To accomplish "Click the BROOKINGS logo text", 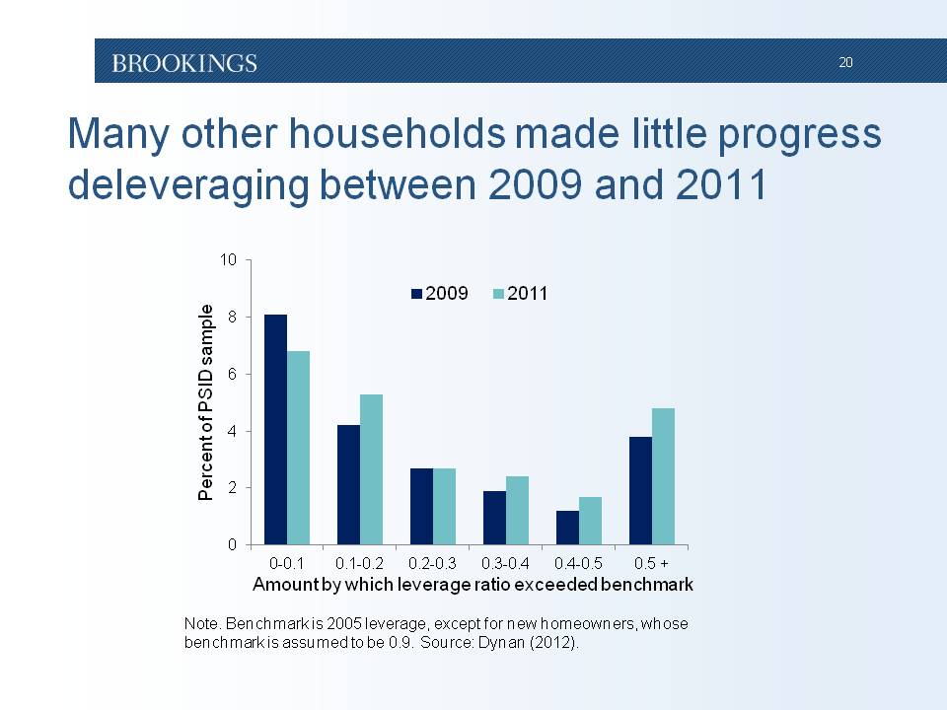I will point(184,63).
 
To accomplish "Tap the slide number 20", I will point(845,62).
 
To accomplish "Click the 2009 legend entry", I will point(440,294).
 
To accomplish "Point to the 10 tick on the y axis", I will point(229,260).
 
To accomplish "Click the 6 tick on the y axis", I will point(233,375).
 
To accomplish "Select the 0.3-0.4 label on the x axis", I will point(506,563).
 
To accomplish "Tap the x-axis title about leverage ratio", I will point(473,584).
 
